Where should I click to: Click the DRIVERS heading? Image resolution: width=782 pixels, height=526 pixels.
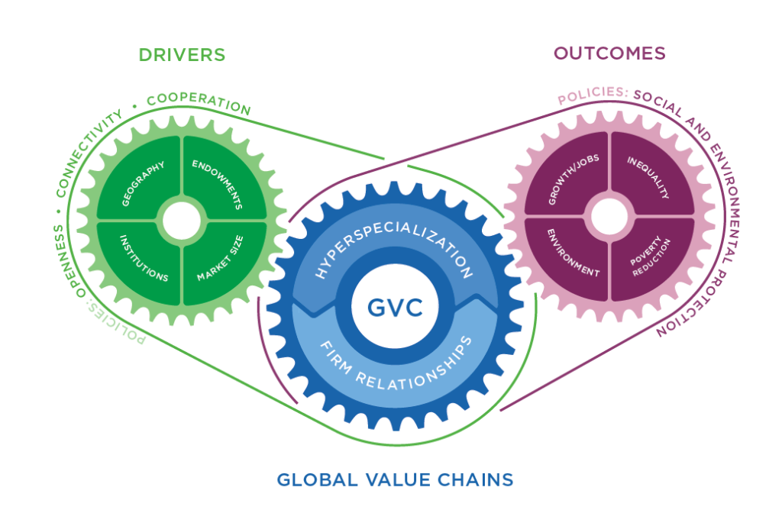pos(182,55)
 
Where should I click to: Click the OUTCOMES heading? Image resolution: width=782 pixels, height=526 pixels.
pos(609,53)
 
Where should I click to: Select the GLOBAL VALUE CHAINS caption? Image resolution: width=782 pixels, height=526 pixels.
pos(395,480)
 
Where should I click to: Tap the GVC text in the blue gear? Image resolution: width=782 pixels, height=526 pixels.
pos(394,309)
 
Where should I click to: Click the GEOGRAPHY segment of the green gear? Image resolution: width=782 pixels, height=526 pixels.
pos(144,183)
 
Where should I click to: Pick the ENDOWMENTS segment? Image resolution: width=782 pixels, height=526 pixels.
pos(218,183)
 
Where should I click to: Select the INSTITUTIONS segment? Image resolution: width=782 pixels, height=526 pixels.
pos(143,257)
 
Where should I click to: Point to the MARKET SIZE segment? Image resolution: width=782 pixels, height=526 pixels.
pos(218,257)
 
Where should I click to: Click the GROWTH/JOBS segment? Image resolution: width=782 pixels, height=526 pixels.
pos(570,181)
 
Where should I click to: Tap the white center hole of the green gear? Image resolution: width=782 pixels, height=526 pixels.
pos(180,220)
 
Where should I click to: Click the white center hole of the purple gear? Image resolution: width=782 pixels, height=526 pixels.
pos(609,218)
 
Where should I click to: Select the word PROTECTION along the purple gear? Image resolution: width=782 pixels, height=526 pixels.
pos(691,298)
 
